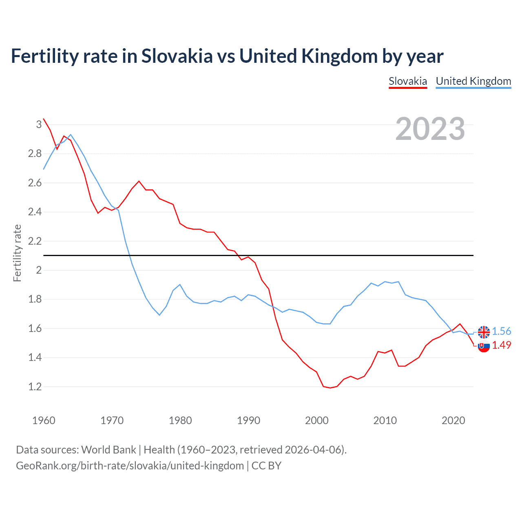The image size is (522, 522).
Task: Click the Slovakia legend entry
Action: tap(408, 81)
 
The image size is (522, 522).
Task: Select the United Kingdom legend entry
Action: tap(473, 81)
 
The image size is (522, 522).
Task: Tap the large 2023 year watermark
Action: tap(430, 129)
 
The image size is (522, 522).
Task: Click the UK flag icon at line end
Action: tap(484, 332)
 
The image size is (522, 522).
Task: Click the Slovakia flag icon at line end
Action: tap(484, 346)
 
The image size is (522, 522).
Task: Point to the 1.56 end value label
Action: tap(501, 332)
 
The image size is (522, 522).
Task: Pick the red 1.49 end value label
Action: tap(501, 345)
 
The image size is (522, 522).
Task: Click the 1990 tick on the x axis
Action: tap(248, 420)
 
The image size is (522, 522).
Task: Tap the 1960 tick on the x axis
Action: tap(44, 420)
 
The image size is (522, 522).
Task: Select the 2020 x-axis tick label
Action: tap(453, 420)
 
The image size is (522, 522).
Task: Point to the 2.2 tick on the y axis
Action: tap(35, 241)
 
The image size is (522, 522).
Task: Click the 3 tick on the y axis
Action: tap(39, 124)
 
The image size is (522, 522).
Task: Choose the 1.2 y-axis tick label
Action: tap(35, 387)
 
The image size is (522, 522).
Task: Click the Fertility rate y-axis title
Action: tap(17, 253)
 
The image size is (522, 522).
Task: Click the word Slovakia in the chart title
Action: tap(177, 56)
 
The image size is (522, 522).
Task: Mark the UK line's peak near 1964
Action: tap(71, 135)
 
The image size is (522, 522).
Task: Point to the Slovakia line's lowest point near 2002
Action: tap(330, 388)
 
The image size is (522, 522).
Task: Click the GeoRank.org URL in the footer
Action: tap(130, 466)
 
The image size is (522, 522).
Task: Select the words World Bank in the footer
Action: tap(108, 450)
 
